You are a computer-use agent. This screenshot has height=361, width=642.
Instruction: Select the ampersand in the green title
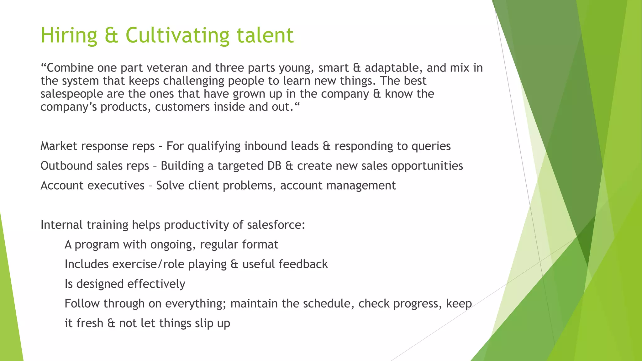point(111,35)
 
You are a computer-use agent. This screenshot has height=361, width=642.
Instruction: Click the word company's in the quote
point(69,107)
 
